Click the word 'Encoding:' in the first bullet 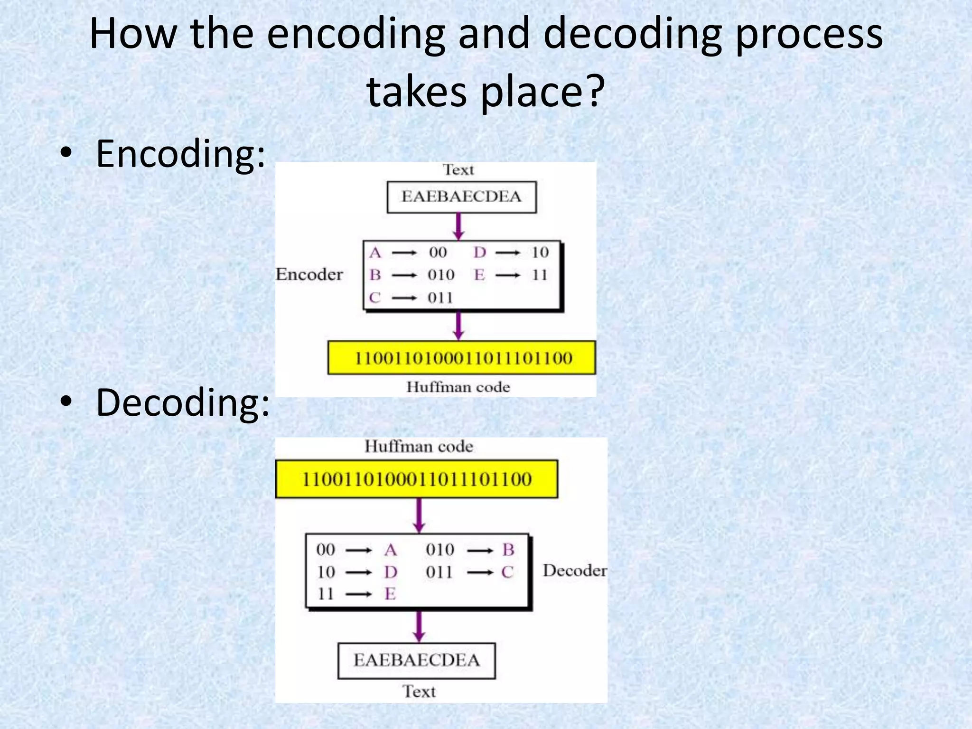pyautogui.click(x=180, y=154)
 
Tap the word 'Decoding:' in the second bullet pyautogui.click(x=183, y=402)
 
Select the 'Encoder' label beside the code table pyautogui.click(x=309, y=274)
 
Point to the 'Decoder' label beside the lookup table pyautogui.click(x=575, y=570)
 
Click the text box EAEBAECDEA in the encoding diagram pyautogui.click(x=461, y=196)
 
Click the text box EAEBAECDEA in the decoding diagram pyautogui.click(x=416, y=660)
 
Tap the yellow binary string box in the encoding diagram pyautogui.click(x=461, y=357)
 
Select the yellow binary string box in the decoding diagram pyautogui.click(x=416, y=479)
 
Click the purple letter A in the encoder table pyautogui.click(x=375, y=252)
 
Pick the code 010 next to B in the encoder pyautogui.click(x=441, y=275)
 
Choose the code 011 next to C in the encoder pyautogui.click(x=440, y=298)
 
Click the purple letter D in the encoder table pyautogui.click(x=479, y=252)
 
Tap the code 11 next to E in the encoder pyautogui.click(x=539, y=275)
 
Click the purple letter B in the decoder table pyautogui.click(x=508, y=550)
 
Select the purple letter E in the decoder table pyautogui.click(x=390, y=594)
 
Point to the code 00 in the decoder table pyautogui.click(x=326, y=550)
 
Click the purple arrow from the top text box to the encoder pyautogui.click(x=458, y=226)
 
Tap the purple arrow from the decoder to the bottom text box pyautogui.click(x=419, y=626)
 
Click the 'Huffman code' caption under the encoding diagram pyautogui.click(x=458, y=387)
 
